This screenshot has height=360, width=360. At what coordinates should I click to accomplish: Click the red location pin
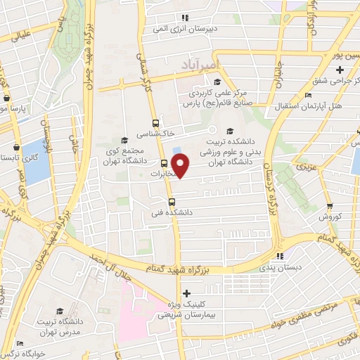click(x=181, y=165)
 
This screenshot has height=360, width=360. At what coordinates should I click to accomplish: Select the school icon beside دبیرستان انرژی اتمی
click(x=184, y=18)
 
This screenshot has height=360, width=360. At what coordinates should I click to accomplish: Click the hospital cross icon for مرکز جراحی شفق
click(x=340, y=69)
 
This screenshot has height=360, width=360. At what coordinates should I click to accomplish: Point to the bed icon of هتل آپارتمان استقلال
click(x=308, y=95)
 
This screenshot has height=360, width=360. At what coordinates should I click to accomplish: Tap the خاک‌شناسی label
click(x=175, y=131)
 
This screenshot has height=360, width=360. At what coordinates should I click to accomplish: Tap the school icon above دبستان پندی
click(x=280, y=257)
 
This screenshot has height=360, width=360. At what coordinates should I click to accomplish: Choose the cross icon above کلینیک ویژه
click(x=186, y=293)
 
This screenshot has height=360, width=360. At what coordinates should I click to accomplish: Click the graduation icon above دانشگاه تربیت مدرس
click(x=59, y=310)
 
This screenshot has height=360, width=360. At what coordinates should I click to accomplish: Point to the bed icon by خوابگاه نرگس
click(x=20, y=343)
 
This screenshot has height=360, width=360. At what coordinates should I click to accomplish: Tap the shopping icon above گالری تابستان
click(x=17, y=147)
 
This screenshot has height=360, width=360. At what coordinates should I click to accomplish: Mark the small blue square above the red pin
click(x=176, y=148)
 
